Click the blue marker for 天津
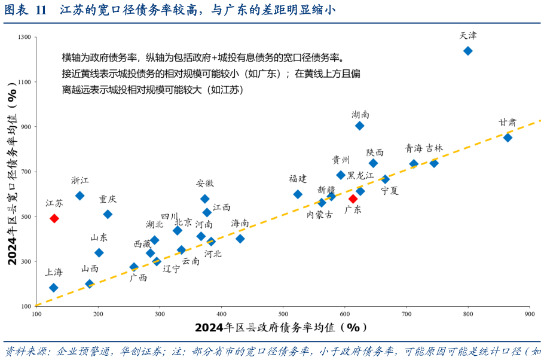pyautogui.click(x=468, y=51)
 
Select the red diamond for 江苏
pyautogui.click(x=54, y=218)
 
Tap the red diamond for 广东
pyautogui.click(x=353, y=199)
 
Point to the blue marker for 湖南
pyautogui.click(x=360, y=126)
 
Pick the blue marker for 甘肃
pyautogui.click(x=508, y=138)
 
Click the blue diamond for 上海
pyautogui.click(x=54, y=288)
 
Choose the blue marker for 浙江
pyautogui.click(x=80, y=196)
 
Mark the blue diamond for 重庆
pyautogui.click(x=108, y=214)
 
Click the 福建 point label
pyautogui.click(x=298, y=178)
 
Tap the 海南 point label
pyautogui.click(x=240, y=223)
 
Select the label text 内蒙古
pyautogui.click(x=320, y=214)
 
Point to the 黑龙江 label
pyautogui.click(x=360, y=175)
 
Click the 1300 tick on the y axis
pyautogui.click(x=25, y=37)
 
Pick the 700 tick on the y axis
pyautogui.click(x=26, y=172)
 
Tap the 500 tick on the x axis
pyautogui.click(x=283, y=313)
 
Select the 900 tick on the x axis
pyautogui.click(x=529, y=313)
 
